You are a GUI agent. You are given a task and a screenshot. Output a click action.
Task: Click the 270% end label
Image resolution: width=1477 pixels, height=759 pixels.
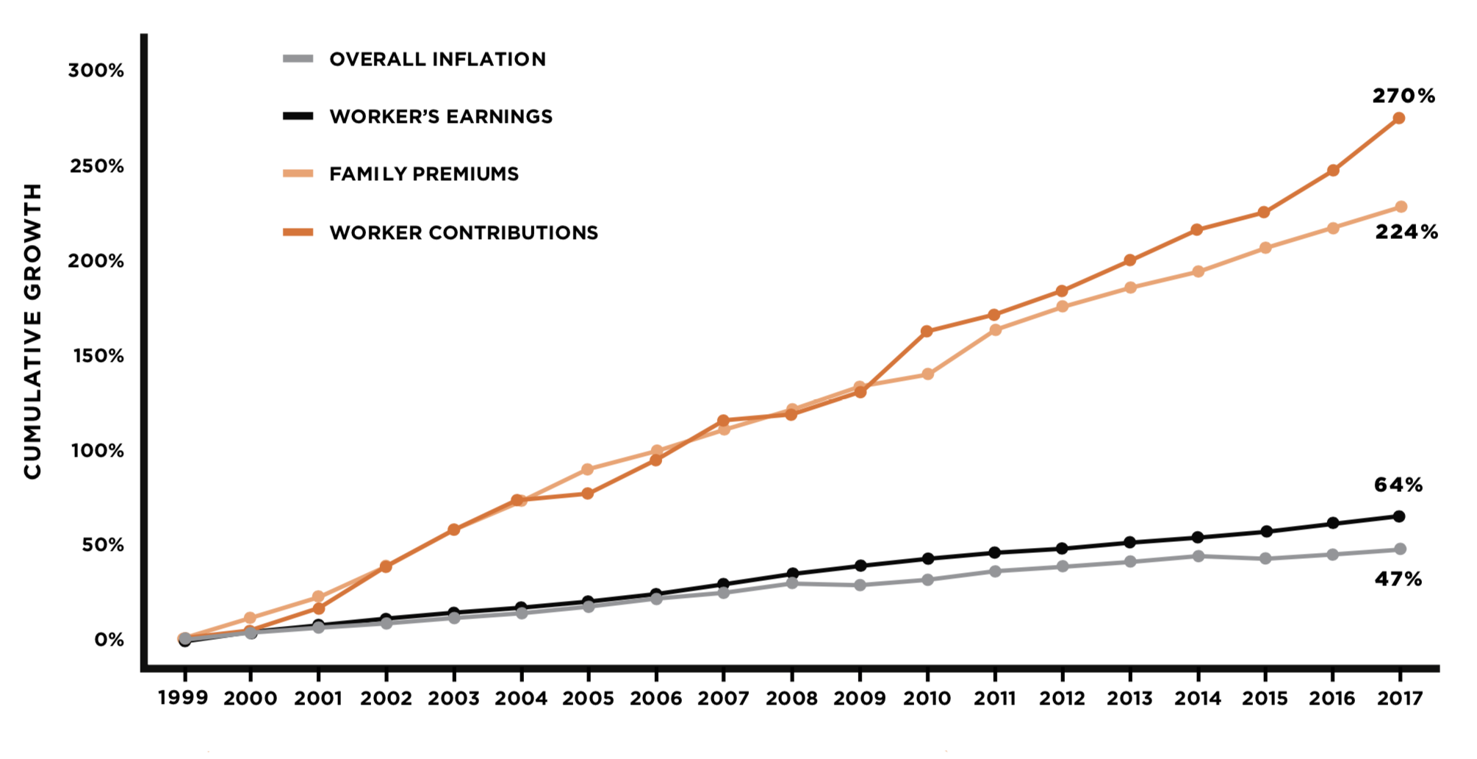1404,96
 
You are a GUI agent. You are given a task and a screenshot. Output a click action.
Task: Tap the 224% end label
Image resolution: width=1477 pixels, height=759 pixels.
1406,232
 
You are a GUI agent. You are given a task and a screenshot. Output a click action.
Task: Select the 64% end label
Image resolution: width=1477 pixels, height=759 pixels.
1398,485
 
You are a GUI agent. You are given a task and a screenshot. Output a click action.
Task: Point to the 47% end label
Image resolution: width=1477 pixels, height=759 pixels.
1398,580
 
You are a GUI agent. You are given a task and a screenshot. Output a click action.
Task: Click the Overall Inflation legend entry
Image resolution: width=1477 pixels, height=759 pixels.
437,60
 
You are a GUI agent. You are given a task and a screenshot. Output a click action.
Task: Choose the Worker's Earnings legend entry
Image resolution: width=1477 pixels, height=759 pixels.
441,116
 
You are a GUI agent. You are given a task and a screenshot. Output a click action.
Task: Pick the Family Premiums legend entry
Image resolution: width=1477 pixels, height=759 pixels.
424,174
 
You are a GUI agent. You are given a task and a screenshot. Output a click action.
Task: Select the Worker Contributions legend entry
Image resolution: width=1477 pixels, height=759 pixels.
464,233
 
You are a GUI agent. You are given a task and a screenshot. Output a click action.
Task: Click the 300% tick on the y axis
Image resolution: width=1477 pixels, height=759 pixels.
96,71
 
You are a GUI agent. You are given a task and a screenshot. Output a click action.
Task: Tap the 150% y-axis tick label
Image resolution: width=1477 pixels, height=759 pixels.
98,356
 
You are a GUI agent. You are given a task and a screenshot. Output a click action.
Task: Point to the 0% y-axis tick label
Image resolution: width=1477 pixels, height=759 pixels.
109,640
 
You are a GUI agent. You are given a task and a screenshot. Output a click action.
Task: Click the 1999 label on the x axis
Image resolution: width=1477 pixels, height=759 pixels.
183,697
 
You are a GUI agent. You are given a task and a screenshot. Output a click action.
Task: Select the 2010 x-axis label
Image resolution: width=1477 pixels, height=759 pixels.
927,698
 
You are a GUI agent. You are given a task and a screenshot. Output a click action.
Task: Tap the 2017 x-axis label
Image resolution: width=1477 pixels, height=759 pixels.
1400,698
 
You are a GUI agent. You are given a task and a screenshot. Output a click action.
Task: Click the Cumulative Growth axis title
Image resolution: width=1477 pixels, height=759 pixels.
33,331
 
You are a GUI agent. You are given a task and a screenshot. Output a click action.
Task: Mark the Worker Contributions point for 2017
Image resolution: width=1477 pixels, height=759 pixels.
1399,118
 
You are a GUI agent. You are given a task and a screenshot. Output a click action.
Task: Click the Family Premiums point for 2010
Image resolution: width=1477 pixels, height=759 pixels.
927,374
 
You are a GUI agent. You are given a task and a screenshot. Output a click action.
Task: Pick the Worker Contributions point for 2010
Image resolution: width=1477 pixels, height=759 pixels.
927,332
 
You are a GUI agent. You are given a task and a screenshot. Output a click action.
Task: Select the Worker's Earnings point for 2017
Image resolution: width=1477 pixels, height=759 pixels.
1399,516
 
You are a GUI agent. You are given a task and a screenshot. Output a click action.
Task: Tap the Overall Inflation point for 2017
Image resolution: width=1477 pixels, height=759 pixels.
1400,549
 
